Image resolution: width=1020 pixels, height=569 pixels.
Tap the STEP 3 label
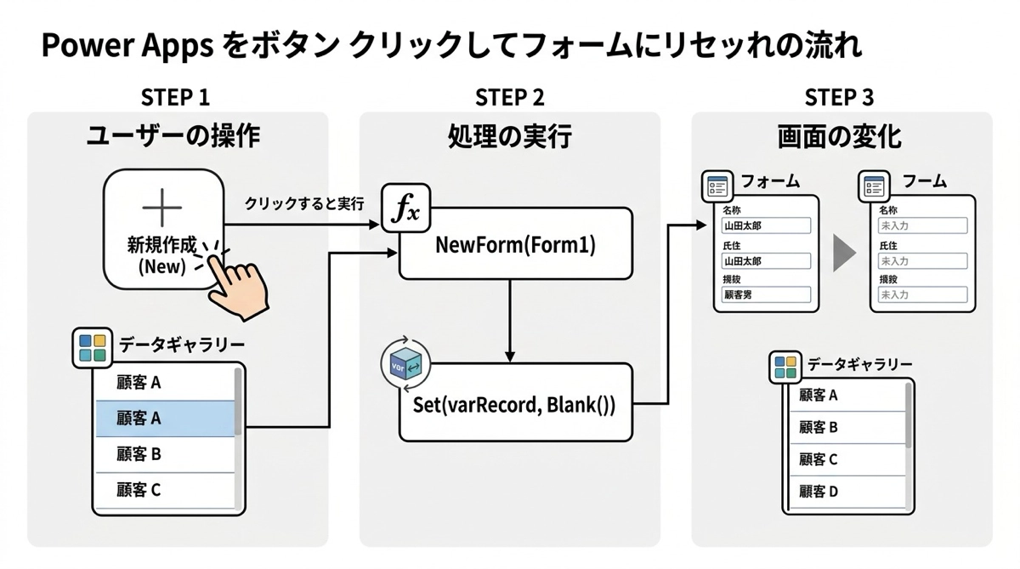point(839,97)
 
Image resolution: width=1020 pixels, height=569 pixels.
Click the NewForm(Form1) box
point(515,244)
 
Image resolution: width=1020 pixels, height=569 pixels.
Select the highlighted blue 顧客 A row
point(166,418)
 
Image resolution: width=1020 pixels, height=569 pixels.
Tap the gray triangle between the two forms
point(843,253)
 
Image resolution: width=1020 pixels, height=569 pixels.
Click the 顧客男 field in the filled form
point(765,295)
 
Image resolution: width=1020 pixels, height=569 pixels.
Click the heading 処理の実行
point(509,137)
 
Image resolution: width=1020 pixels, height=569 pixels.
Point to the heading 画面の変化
point(840,137)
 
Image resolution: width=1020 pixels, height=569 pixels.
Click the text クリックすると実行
point(304,204)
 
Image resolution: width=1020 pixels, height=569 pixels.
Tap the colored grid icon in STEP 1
point(92,347)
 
